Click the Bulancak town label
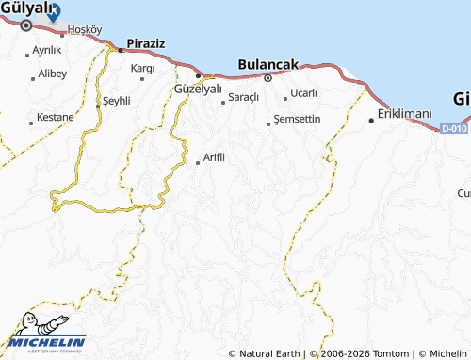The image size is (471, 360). pos(268,64)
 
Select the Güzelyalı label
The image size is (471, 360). pos(198,89)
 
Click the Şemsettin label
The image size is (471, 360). pos(298,119)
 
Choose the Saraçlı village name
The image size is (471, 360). pos(242,97)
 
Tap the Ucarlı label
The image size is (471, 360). pos(303,92)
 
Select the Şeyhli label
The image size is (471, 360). pos(117,100)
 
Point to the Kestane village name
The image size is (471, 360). pos(55,117)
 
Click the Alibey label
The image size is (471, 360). pos(52,73)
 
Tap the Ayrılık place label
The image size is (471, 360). pos(46,49)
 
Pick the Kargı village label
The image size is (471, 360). pos(142,68)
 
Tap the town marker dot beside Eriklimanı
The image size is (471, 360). pos(370,119)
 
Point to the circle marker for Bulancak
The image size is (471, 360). pos(268,78)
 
